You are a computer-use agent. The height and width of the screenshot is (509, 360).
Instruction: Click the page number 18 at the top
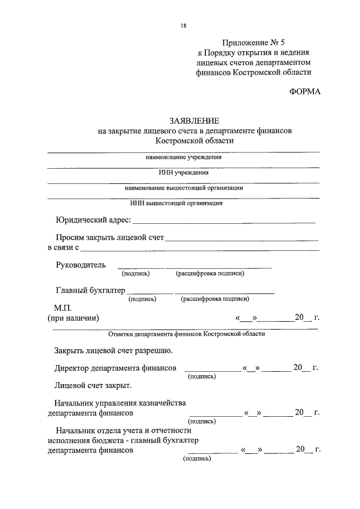183,25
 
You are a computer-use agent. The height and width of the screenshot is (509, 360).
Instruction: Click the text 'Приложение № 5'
254,42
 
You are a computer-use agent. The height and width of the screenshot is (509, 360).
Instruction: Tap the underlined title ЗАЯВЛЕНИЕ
194,121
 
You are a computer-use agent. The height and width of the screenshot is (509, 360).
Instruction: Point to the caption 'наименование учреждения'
183,157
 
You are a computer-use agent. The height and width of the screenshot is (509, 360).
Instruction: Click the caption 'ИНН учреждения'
183,173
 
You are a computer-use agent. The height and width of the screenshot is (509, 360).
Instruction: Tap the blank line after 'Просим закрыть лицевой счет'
242,240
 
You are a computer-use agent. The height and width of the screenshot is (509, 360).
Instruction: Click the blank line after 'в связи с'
200,249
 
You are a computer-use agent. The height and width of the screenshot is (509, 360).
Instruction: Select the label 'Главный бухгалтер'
90,290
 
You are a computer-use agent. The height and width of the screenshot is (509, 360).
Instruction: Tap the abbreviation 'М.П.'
64,308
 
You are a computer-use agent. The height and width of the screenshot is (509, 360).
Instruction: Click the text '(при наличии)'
73,318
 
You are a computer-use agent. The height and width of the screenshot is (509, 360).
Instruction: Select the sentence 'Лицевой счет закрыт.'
93,386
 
